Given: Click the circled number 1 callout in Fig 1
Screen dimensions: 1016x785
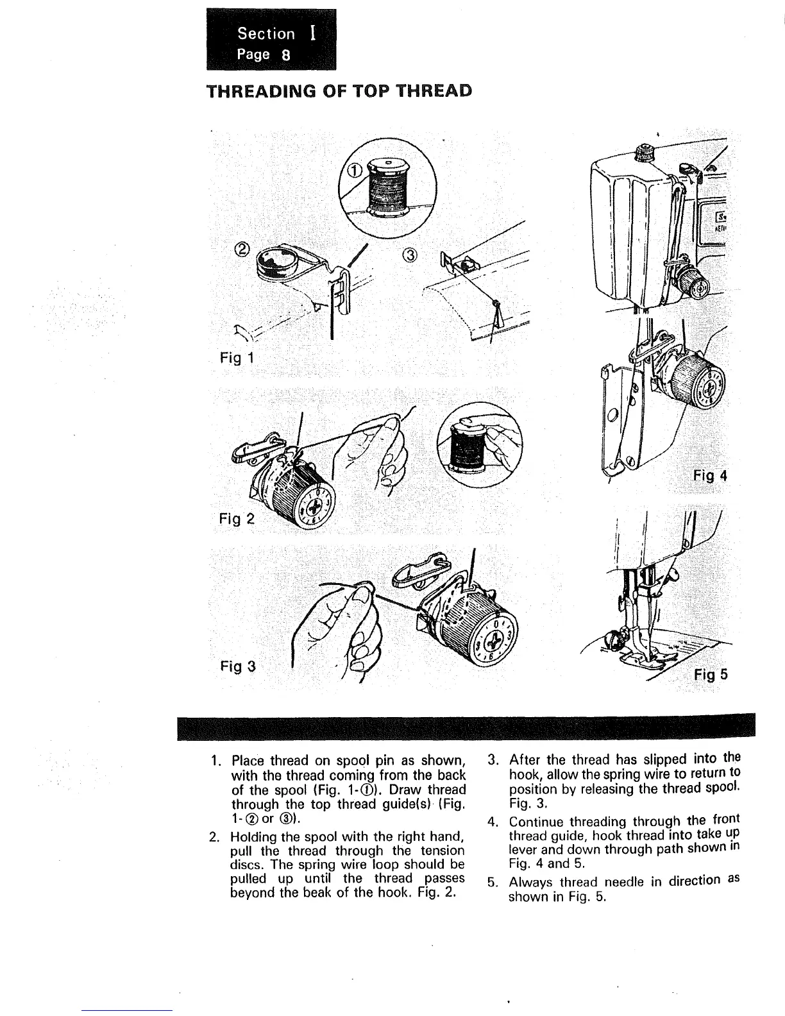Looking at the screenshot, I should click(x=355, y=169).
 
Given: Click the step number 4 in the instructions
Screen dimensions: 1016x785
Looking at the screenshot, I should click(x=493, y=822).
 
